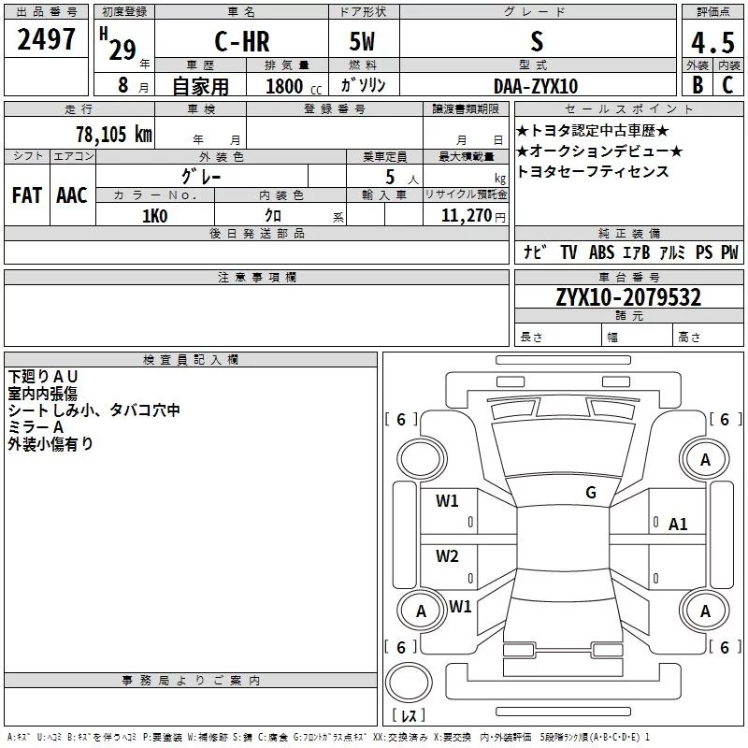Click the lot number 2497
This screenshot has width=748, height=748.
pos(46,39)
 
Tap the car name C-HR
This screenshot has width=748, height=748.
pos(242,41)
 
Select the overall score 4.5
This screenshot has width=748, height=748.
pos(712,42)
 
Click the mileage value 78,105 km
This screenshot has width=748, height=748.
pos(114,134)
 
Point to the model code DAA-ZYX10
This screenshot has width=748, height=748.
pos(536,86)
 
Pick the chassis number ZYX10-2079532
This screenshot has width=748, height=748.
pos(628,297)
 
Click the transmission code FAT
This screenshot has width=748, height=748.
pos(27,195)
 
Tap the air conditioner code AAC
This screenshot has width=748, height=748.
pos(72,195)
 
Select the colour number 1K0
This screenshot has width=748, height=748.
pos(155,216)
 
